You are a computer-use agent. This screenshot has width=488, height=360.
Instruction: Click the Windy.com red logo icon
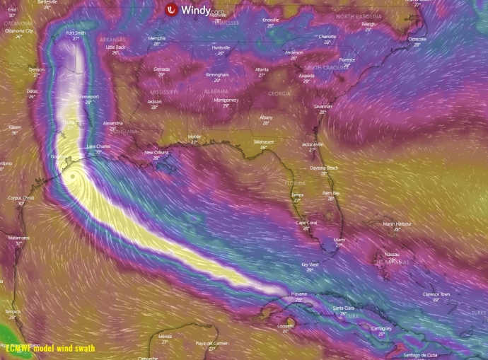pos(170,10)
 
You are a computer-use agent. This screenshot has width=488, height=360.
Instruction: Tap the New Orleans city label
pos(156,152)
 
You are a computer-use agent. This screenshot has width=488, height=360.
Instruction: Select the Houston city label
pos(59,156)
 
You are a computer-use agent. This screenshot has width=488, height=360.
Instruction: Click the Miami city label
pos(339,240)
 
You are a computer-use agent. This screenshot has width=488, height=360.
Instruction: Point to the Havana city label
pos(299,294)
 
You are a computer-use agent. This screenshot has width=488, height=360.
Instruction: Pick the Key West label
pos(310,265)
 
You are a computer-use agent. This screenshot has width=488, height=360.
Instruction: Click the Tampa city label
pos(297,194)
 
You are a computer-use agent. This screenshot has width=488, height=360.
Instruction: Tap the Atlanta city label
pos(262,69)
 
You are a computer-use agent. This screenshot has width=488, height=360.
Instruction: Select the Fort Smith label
pos(76,33)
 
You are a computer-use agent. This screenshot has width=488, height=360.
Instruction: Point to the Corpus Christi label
pos(21,198)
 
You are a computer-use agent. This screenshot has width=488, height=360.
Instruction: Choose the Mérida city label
pos(165,336)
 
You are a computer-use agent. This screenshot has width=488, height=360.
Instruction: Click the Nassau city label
pos(393,254)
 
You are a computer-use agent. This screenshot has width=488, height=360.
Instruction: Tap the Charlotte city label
pos(327,36)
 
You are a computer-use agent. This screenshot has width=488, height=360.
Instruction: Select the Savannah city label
pos(323,106)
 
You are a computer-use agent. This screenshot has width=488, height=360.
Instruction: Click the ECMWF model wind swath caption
pos(50,348)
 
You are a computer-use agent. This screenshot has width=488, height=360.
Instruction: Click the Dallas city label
pos(32,91)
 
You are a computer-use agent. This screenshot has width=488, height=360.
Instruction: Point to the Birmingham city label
pos(217,74)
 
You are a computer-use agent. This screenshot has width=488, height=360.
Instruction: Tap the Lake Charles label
pos(98,146)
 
